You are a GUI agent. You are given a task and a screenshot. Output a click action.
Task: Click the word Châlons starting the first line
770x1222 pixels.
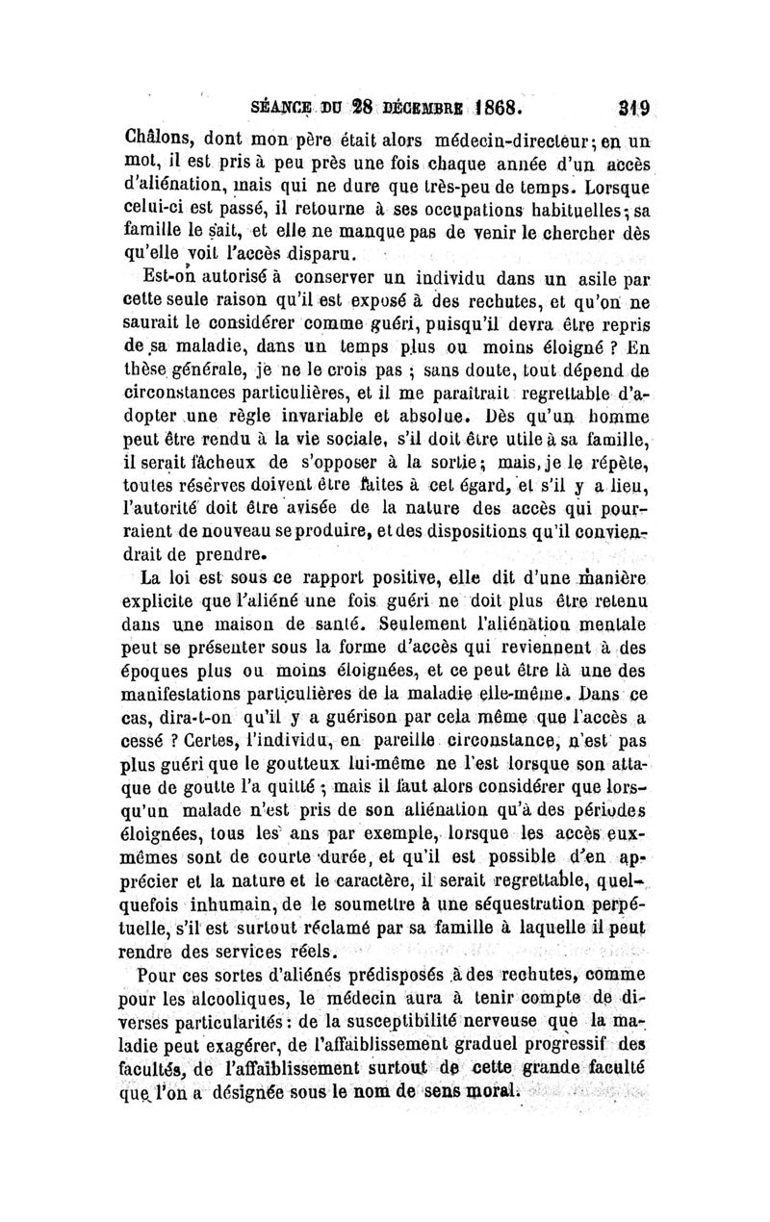158,136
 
